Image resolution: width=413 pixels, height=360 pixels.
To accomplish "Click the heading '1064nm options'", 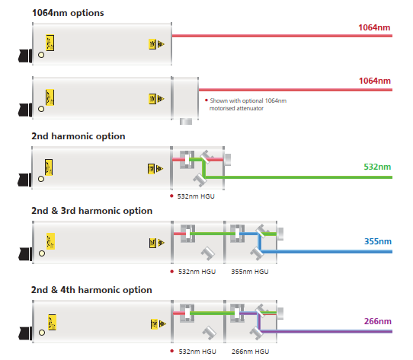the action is click(68, 13).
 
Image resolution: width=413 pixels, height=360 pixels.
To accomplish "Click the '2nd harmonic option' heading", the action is click(78, 136).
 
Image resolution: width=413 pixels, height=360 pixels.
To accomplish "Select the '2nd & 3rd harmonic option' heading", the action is click(91, 211).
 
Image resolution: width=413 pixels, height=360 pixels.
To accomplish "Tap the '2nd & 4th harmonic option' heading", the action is click(91, 290).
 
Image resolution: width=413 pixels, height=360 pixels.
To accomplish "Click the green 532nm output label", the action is click(377, 167).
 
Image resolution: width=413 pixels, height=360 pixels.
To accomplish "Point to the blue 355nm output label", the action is click(378, 241).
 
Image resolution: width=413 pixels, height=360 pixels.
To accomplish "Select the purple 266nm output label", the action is click(378, 321).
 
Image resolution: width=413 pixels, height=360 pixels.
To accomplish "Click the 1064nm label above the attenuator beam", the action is click(375, 81).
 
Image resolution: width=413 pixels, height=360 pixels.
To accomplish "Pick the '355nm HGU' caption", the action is click(250, 272).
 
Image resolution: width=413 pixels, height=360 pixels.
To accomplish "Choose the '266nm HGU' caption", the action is click(250, 352).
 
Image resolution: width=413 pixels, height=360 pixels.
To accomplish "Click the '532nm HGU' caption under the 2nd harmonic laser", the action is click(196, 196).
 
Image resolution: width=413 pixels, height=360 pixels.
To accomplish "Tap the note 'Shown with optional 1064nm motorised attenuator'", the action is click(248, 104).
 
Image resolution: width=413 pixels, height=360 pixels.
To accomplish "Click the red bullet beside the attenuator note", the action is click(206, 100).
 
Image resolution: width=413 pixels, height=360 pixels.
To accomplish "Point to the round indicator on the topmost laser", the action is click(41, 55).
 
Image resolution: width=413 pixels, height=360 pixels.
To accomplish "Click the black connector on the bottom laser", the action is click(25, 333).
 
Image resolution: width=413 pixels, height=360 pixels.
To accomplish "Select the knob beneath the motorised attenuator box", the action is click(186, 121).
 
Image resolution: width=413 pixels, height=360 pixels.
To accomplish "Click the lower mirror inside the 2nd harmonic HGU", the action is click(200, 180).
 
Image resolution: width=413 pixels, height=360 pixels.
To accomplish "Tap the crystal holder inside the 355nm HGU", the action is click(237, 234).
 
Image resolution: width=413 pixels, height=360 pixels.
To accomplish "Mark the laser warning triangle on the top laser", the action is click(161, 44).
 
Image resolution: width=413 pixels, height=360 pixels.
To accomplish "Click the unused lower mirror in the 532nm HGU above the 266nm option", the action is click(209, 333).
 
